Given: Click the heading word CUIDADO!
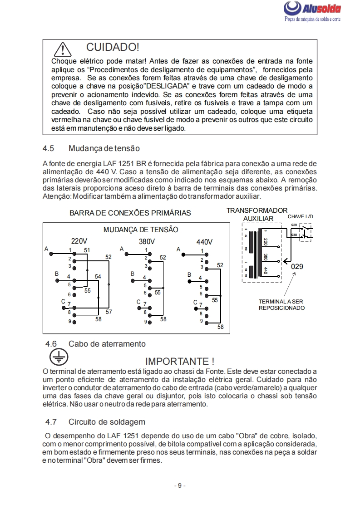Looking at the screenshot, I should coord(112,47).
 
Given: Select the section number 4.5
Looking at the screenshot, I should coord(49,148).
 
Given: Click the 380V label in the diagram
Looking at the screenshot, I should coord(147,241).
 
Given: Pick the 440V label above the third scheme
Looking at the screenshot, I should coord(204,242).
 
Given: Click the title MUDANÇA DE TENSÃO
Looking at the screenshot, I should coord(141,230).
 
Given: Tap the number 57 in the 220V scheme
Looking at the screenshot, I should coord(109,312).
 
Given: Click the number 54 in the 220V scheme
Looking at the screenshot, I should coord(98,276).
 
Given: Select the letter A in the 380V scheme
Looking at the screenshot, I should coord(122,249).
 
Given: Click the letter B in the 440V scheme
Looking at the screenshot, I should coord(189,274).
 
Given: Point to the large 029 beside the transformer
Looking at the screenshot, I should coord(297,267).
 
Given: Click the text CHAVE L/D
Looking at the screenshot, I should coord(300,217).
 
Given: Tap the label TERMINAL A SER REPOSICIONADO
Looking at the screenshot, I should coord(281,304).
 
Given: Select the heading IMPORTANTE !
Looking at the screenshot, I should coord(179,361).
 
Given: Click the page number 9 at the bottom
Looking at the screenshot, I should coord(180,485).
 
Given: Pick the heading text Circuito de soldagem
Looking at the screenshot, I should coord(107,422).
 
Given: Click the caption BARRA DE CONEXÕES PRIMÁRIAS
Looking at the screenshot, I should coord(130,213).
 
